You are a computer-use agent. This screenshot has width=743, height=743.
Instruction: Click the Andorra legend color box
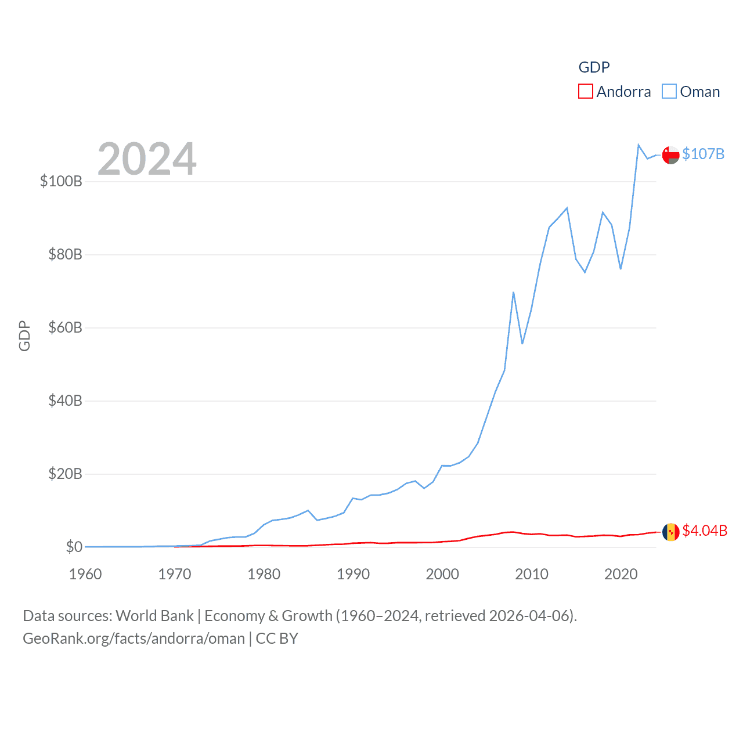[585, 92]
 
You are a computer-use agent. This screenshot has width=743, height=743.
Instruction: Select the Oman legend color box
[669, 92]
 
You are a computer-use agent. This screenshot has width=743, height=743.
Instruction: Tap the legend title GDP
[594, 67]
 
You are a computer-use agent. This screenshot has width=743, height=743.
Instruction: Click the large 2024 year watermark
[147, 159]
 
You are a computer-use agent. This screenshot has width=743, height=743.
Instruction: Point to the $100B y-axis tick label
[61, 181]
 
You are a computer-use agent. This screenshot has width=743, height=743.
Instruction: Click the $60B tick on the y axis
[65, 327]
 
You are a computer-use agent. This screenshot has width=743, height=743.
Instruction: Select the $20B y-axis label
[65, 474]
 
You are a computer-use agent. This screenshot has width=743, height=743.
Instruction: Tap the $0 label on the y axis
[74, 547]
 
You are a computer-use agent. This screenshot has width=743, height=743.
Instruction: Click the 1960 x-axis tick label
[85, 574]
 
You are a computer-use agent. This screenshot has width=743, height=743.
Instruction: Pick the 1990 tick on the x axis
[353, 574]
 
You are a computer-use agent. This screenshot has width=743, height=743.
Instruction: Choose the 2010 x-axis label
[532, 574]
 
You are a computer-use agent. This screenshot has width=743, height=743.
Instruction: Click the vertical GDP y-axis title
[24, 336]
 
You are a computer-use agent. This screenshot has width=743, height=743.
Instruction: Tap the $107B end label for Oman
[703, 154]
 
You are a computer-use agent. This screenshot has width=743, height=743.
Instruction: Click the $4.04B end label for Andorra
[705, 531]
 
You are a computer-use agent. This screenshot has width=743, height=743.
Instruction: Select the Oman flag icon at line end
[670, 155]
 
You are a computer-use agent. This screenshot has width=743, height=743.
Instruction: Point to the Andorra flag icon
[670, 532]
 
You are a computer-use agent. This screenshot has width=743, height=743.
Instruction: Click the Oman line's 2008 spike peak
[514, 293]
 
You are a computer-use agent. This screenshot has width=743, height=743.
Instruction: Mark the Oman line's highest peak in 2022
[639, 145]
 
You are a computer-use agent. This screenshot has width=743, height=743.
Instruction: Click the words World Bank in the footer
[154, 615]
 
